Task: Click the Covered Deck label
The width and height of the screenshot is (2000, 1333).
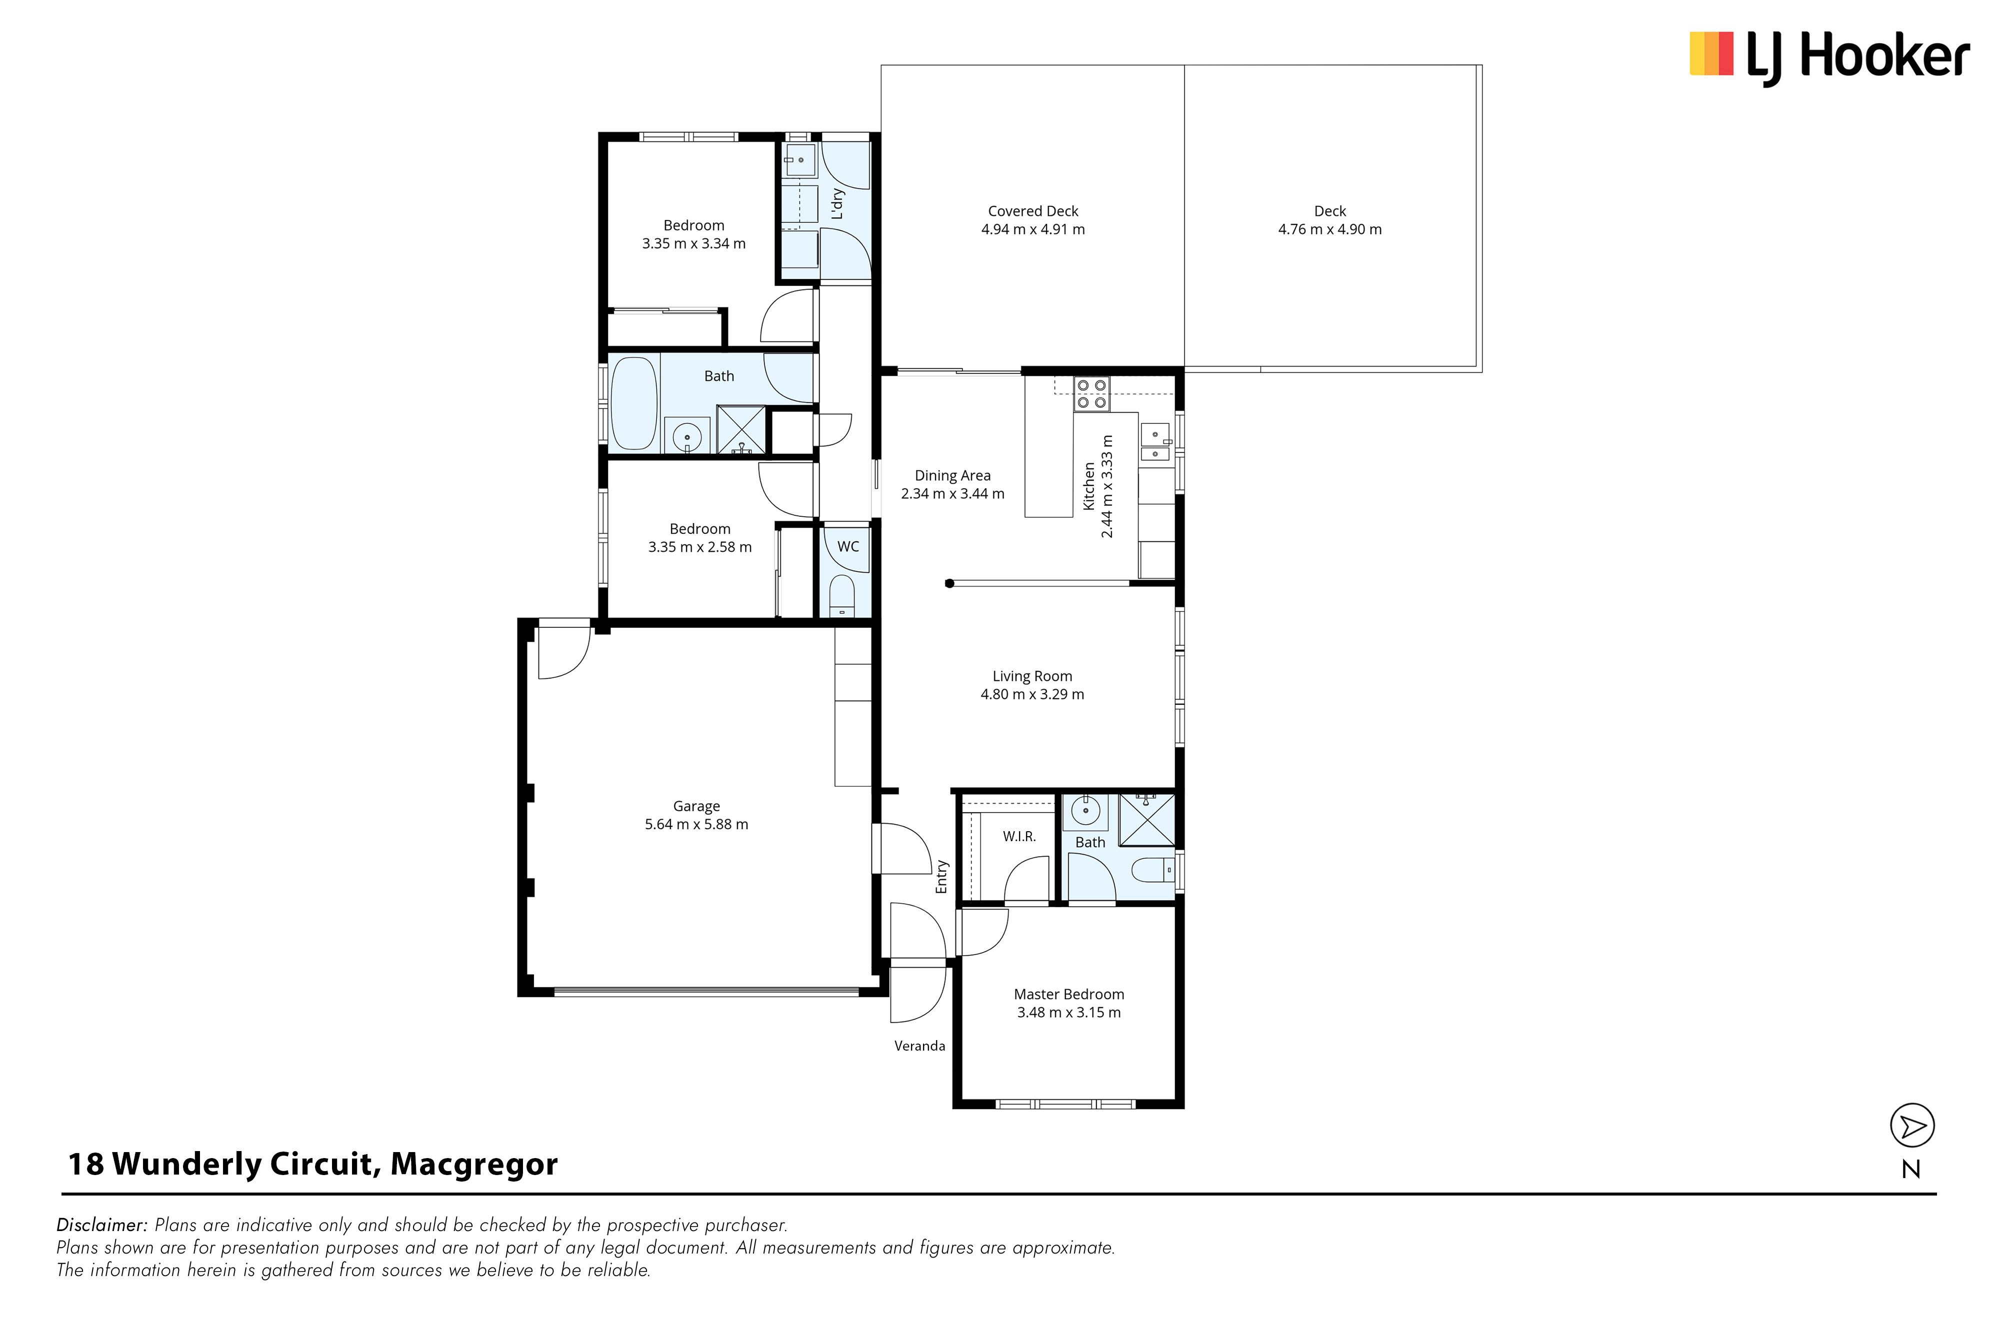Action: (x=1032, y=211)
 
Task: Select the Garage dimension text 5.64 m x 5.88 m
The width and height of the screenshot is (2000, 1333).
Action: (x=696, y=824)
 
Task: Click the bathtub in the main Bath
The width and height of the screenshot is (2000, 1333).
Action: (x=634, y=404)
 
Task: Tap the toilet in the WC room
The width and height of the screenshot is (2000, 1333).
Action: (x=842, y=595)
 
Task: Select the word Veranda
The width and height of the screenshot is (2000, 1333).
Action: (x=919, y=1046)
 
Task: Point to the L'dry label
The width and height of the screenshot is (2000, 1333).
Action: (x=837, y=204)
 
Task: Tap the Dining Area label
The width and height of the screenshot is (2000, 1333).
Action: (x=952, y=475)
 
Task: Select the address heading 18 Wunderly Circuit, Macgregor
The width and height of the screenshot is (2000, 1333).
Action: (x=313, y=1164)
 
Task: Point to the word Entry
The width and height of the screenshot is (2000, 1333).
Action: (x=941, y=877)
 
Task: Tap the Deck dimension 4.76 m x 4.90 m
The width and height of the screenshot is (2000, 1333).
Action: (x=1330, y=229)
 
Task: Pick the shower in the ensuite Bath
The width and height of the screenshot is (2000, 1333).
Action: (x=1146, y=820)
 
